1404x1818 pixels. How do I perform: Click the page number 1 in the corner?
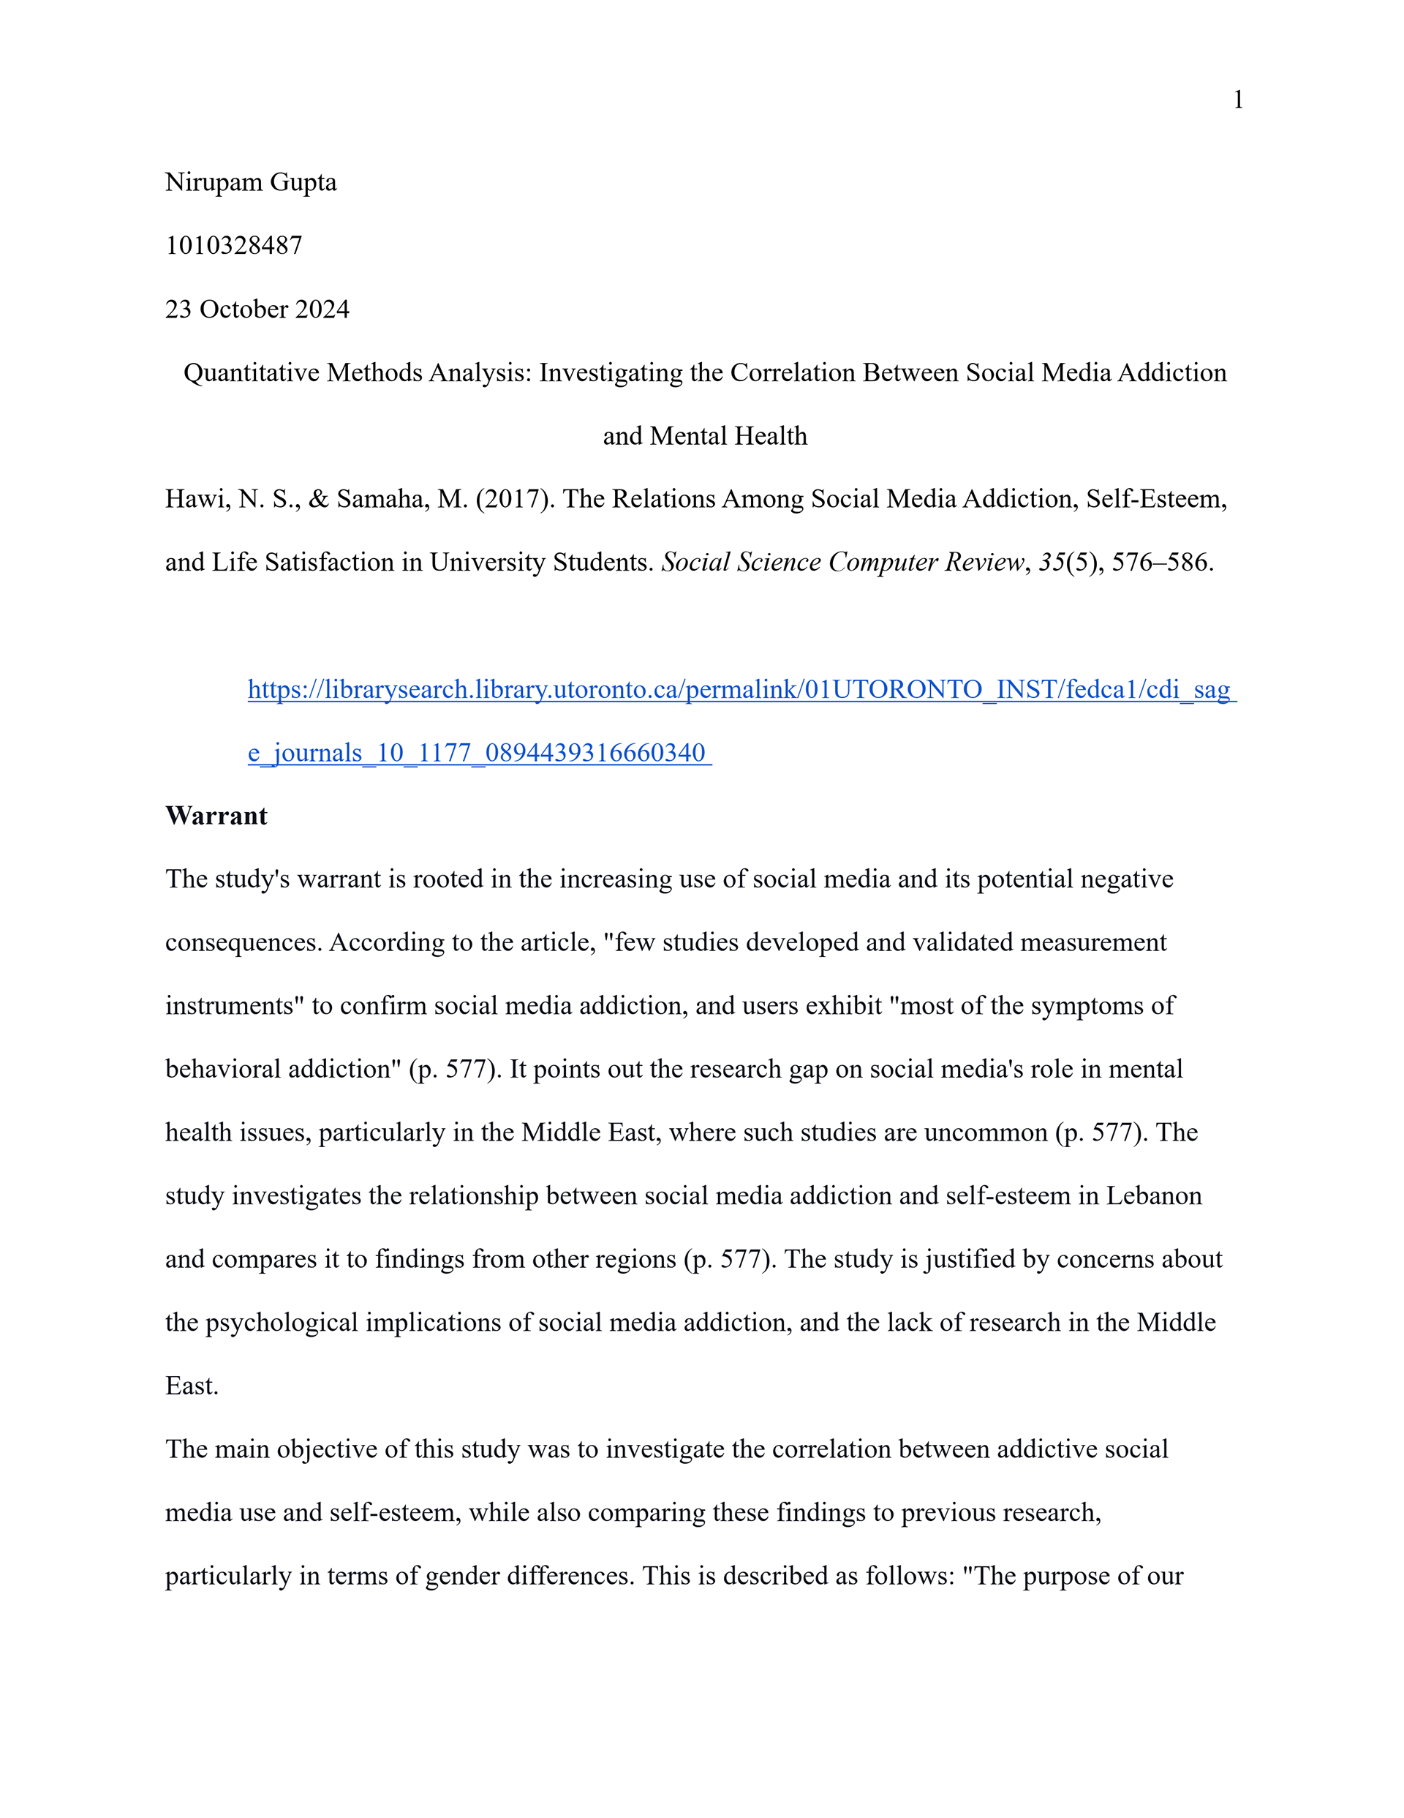(x=1237, y=100)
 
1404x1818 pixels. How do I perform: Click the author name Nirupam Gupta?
(x=251, y=182)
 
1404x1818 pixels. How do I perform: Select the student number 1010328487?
(x=234, y=246)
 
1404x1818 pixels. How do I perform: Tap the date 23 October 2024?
(x=257, y=309)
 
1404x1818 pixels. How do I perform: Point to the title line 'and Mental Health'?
(x=705, y=436)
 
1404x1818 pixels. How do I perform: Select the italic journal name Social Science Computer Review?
(x=842, y=563)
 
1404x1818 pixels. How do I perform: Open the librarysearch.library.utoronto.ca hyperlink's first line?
(x=741, y=689)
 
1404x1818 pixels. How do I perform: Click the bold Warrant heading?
(x=216, y=816)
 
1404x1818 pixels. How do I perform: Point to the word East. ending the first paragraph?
(x=192, y=1386)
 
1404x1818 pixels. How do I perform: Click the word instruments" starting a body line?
(x=235, y=1007)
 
